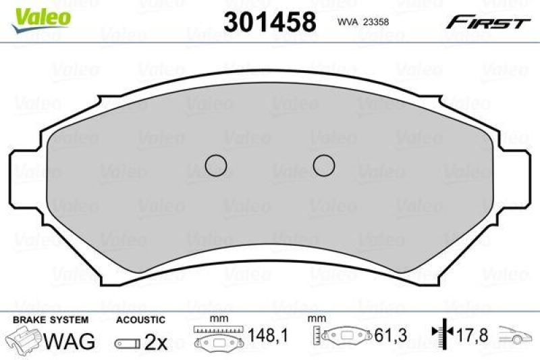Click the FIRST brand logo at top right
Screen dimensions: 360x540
(487, 22)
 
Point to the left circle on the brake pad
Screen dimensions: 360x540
(215, 165)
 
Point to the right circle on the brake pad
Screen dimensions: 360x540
(324, 165)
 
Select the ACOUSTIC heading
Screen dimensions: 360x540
(140, 319)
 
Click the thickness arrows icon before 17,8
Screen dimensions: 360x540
(441, 333)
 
